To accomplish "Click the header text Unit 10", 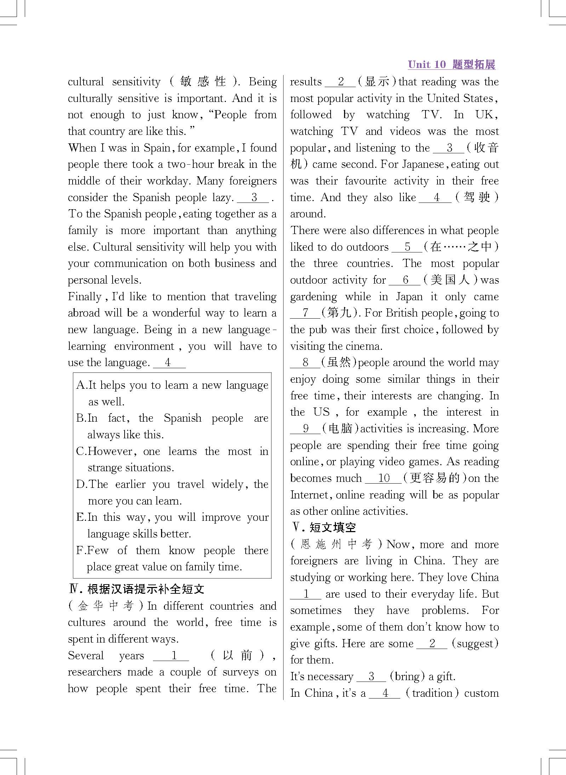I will tap(427, 64).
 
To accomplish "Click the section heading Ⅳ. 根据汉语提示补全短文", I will tap(136, 589).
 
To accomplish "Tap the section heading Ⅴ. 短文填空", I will tap(323, 528).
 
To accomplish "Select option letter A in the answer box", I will tap(81, 385).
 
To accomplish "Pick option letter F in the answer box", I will tap(81, 551).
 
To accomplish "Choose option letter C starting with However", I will tap(81, 451).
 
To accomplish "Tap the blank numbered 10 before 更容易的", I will tap(383, 478).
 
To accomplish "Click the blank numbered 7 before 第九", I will tap(305, 313).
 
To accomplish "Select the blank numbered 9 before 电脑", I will tap(305, 429).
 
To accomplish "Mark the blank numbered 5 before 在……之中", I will tap(407, 247).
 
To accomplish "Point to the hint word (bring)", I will tap(407, 676).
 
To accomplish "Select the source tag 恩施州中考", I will tap(336, 544).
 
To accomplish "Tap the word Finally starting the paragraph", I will tap(85, 297).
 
